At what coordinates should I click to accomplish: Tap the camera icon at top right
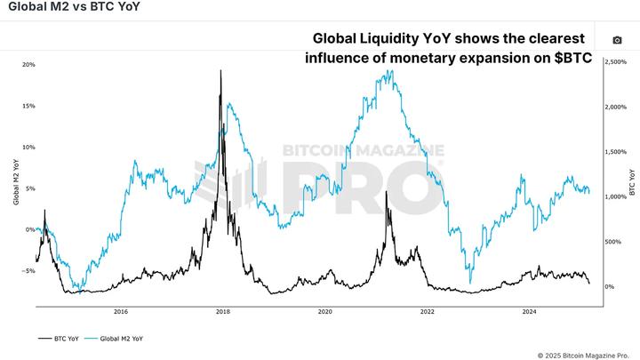[x=618, y=40]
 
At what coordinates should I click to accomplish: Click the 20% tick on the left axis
[x=28, y=65]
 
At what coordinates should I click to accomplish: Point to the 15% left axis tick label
[x=28, y=106]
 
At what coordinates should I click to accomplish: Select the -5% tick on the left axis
[x=28, y=270]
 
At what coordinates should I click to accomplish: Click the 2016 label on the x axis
[x=121, y=312]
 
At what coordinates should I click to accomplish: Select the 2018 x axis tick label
[x=223, y=312]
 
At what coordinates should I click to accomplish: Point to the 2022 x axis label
[x=428, y=312]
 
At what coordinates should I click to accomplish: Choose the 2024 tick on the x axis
[x=529, y=312]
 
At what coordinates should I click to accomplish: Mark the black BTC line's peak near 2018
[x=220, y=70]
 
